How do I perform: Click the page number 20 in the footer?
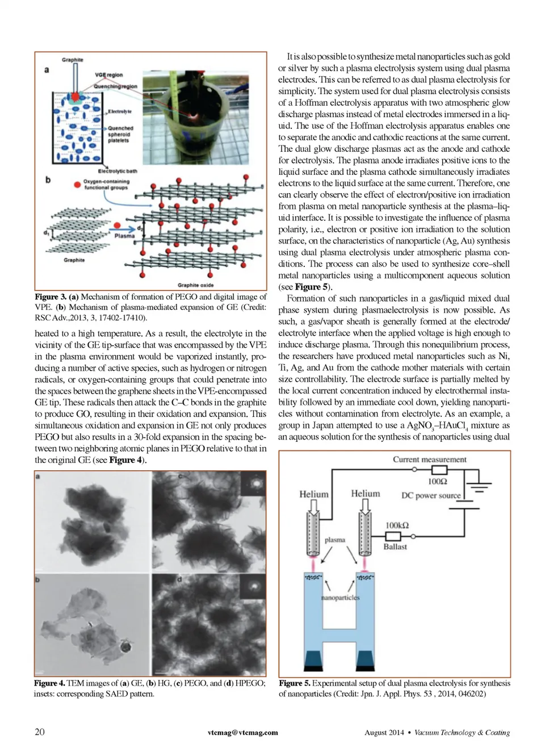pyautogui.click(x=40, y=732)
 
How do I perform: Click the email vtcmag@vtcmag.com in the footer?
pyautogui.click(x=242, y=733)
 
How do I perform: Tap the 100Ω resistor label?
pyautogui.click(x=437, y=482)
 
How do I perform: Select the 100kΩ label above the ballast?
pyautogui.click(x=397, y=525)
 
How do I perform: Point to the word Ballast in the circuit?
pyautogui.click(x=395, y=546)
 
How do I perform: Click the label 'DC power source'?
pyautogui.click(x=430, y=495)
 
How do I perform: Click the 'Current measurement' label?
pyautogui.click(x=429, y=459)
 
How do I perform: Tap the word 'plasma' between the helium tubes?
pyautogui.click(x=335, y=540)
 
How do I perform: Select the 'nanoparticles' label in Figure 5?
pyautogui.click(x=340, y=598)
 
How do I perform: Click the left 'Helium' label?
pyautogui.click(x=314, y=494)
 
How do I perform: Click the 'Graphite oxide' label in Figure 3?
pyautogui.click(x=195, y=285)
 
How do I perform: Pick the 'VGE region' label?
pyautogui.click(x=108, y=75)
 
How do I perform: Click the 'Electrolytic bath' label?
pyautogui.click(x=118, y=171)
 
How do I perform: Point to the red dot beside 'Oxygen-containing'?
pyautogui.click(x=77, y=185)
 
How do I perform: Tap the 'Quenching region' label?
pyautogui.click(x=115, y=86)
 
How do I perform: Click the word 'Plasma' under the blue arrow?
pyautogui.click(x=124, y=236)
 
